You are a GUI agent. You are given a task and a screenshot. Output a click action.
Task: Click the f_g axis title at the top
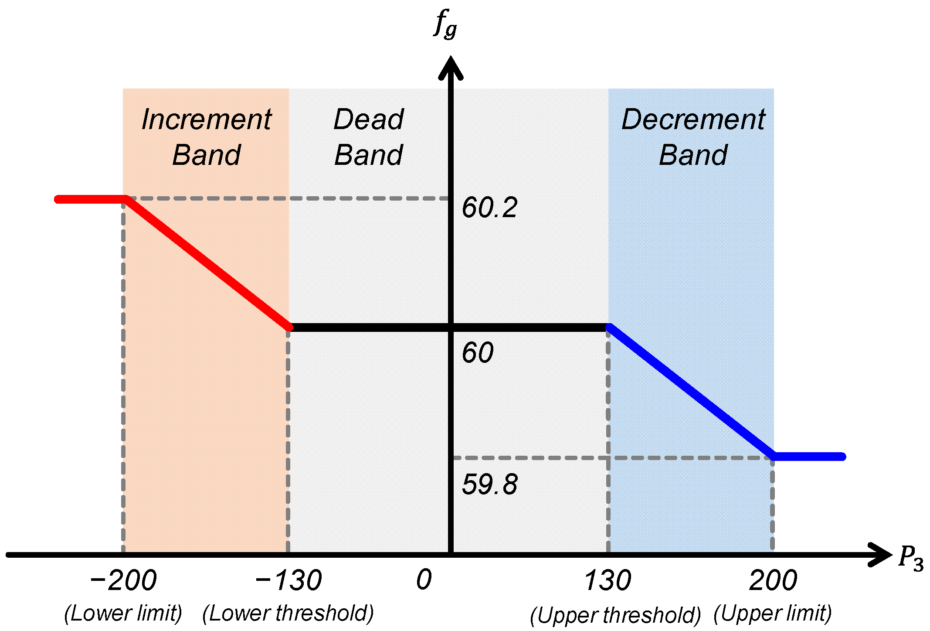pos(445,25)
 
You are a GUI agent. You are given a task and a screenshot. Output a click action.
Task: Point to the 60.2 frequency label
pos(489,207)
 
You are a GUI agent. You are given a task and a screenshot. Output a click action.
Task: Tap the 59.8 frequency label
pos(489,484)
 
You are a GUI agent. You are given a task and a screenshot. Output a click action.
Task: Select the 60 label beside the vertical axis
pos(478,352)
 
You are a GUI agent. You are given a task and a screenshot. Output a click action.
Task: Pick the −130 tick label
pos(288,580)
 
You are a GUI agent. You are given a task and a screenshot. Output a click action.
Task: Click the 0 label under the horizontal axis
pos(424,580)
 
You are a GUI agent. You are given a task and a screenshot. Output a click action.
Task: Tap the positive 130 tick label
pos(608,580)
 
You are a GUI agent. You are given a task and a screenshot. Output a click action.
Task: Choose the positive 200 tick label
pos(773,580)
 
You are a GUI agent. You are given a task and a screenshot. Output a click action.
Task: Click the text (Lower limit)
pos(122,613)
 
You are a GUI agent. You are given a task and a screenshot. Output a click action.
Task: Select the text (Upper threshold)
pos(615,615)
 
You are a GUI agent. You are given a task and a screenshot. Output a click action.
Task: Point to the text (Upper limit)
pos(773,613)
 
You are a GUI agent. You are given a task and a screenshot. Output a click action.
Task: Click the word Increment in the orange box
pos(206,119)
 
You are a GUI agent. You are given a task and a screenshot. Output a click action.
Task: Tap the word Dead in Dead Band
pos(369,119)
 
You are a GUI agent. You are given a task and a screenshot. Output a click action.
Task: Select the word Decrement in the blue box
pos(693,119)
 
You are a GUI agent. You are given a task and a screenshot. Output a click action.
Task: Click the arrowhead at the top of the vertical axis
pos(451,68)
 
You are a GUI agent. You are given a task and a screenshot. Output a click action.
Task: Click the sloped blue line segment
pos(691,392)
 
